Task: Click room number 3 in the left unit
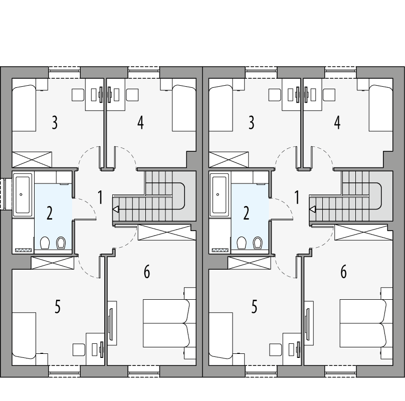[54, 122]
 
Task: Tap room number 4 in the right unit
[337, 122]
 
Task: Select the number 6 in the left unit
[147, 272]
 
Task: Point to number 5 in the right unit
[255, 306]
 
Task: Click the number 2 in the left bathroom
[49, 213]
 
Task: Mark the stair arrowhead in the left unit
[116, 210]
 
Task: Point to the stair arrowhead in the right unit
[312, 210]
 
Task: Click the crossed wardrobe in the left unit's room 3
[32, 159]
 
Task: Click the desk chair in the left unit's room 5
[79, 348]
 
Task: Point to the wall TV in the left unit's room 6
[111, 321]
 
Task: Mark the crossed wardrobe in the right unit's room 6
[360, 233]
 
